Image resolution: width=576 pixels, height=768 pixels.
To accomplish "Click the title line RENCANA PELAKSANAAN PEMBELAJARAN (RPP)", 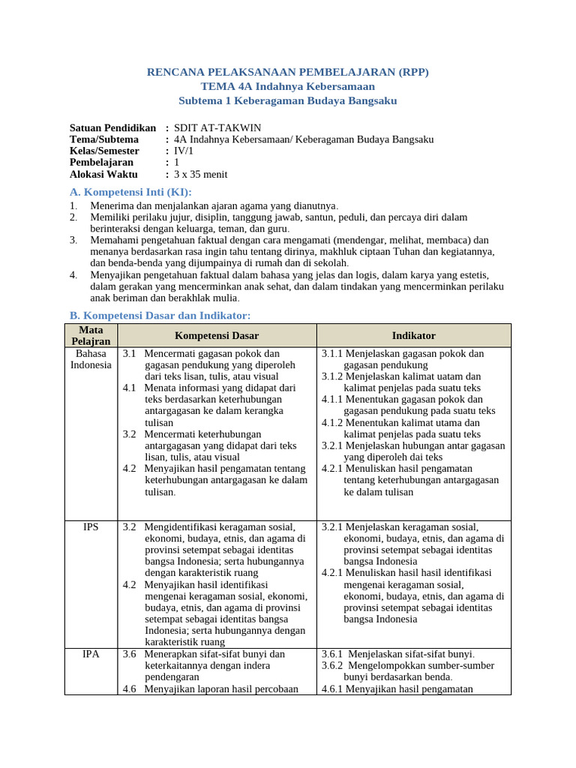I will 288,72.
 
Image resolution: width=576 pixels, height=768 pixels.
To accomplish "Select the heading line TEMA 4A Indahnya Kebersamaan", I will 288,86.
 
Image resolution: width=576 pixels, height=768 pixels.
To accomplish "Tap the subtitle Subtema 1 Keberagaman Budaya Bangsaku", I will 288,100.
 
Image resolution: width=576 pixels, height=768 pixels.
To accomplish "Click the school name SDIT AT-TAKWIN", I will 217,128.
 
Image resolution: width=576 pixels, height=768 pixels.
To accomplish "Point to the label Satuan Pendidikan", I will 112,128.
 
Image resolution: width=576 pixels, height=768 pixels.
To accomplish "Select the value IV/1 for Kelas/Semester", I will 184,151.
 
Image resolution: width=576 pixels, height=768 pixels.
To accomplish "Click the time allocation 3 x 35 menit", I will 200,174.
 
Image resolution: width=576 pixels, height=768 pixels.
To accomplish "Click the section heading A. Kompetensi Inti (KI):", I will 130,192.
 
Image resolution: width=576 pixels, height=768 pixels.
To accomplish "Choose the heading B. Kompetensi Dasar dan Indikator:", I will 160,315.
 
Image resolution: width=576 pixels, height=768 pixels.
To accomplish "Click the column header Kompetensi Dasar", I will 217,335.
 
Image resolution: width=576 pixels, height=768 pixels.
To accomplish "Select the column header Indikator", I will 413,335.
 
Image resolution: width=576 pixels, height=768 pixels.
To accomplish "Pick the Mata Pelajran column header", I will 91,335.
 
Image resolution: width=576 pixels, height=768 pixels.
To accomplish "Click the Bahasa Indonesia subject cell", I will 91,359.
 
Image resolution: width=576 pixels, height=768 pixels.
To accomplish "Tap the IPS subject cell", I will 91,526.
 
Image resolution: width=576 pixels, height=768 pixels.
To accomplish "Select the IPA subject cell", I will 91,654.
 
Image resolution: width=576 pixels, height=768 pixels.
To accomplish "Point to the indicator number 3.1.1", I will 333,353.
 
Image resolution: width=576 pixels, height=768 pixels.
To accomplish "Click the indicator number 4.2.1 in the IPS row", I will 333,573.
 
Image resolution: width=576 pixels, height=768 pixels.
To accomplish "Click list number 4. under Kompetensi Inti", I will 73,275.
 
